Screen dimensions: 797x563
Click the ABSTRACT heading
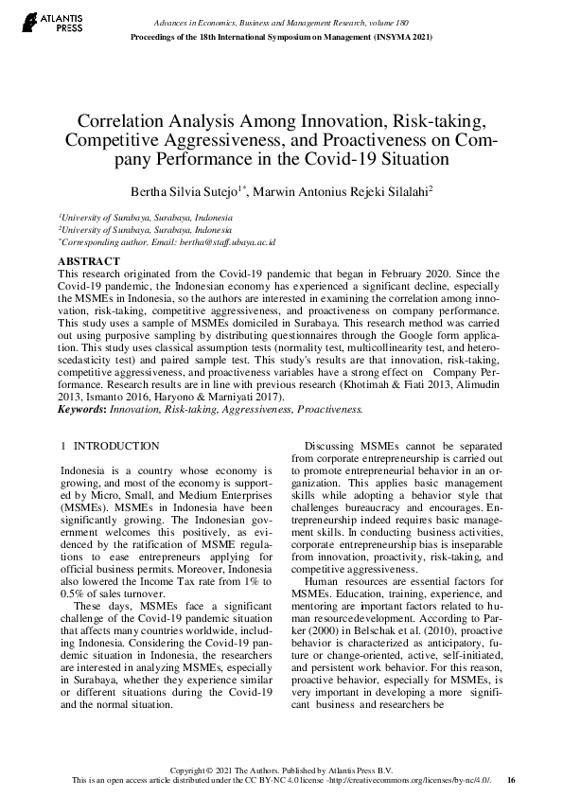point(89,260)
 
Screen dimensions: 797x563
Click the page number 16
point(511,780)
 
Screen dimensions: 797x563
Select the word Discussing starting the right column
point(333,445)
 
